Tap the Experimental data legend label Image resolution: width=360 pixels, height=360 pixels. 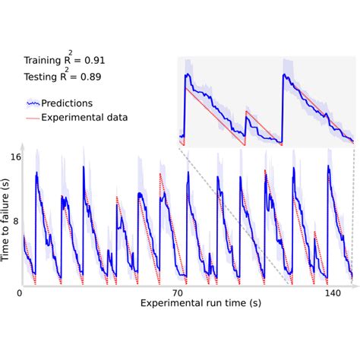[84, 117]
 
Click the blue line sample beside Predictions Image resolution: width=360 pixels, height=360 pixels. [33, 103]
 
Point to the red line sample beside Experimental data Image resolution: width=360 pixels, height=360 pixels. [33, 118]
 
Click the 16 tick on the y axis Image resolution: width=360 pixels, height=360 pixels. [15, 158]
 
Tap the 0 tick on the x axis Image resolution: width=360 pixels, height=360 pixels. [20, 292]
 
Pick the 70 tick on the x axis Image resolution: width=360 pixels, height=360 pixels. [178, 292]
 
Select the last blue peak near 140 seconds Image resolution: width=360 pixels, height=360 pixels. [328, 167]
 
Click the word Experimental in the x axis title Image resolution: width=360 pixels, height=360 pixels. [166, 304]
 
